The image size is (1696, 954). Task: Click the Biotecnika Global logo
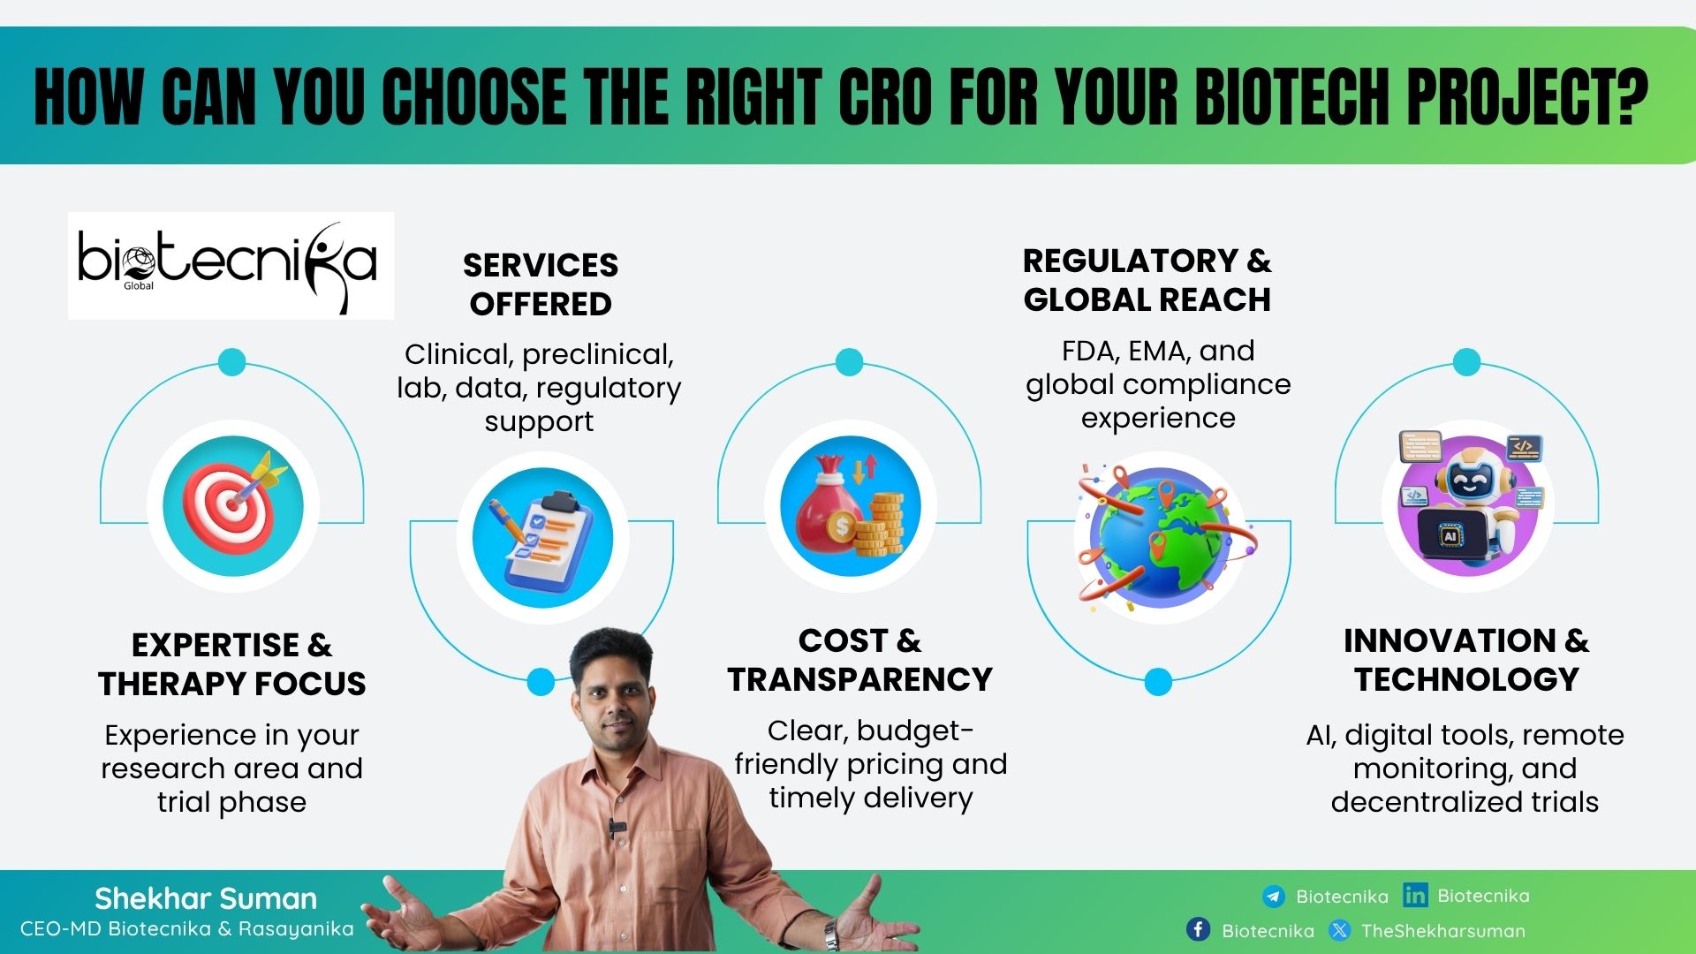pyautogui.click(x=231, y=265)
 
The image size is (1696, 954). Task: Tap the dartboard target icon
pyautogui.click(x=233, y=505)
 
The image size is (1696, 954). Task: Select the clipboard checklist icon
pyautogui.click(x=541, y=538)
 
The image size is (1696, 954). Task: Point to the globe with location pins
pyautogui.click(x=1160, y=537)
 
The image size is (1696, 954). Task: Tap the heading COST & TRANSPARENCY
pyautogui.click(x=859, y=659)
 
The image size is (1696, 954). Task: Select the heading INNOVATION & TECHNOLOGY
pyautogui.click(x=1465, y=659)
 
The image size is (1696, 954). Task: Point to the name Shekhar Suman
pyautogui.click(x=206, y=898)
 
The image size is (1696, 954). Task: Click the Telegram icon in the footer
pyautogui.click(x=1274, y=897)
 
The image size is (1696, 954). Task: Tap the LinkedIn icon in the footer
pyautogui.click(x=1415, y=895)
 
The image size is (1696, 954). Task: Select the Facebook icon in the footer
pyautogui.click(x=1198, y=929)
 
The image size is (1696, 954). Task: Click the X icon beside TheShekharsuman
pyautogui.click(x=1340, y=930)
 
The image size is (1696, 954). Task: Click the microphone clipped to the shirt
pyautogui.click(x=616, y=829)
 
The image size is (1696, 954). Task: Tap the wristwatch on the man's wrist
pyautogui.click(x=830, y=933)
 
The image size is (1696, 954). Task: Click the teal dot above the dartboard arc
pyautogui.click(x=231, y=362)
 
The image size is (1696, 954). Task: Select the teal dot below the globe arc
pyautogui.click(x=1158, y=682)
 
